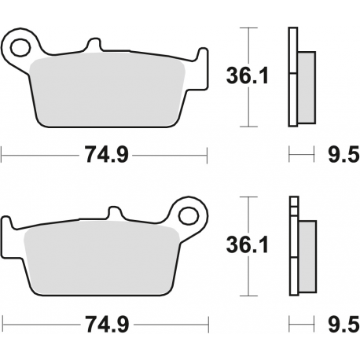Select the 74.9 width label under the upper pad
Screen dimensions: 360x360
103,155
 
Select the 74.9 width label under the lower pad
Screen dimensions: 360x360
103,323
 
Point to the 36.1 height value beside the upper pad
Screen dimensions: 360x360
243,77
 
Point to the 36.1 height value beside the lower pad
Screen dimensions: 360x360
243,246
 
